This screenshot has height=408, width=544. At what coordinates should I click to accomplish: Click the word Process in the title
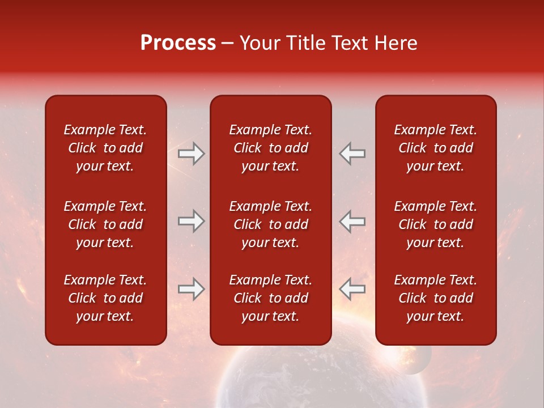(178, 43)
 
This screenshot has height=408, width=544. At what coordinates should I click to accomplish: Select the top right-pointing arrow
(192, 154)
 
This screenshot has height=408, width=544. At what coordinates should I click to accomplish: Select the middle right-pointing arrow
(192, 221)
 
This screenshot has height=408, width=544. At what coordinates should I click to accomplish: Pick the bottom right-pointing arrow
(192, 289)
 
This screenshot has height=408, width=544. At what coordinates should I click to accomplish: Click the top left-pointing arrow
(352, 154)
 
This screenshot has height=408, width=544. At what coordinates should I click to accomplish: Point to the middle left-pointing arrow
(352, 221)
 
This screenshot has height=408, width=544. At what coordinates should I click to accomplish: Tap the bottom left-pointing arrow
(352, 289)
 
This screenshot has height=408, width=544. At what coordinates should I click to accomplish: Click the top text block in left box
(105, 148)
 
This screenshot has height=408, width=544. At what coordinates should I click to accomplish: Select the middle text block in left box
(105, 224)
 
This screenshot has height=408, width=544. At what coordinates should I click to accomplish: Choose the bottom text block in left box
(105, 298)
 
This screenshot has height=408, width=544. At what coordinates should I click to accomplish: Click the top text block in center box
(271, 148)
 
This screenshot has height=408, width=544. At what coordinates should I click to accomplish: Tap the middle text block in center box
(271, 224)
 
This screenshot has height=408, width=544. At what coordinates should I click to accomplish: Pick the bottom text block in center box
(271, 298)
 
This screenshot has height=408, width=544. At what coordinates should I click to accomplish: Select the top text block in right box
(436, 148)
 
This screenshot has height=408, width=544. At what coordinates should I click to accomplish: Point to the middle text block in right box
(436, 224)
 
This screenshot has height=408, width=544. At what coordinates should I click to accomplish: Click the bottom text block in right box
(436, 298)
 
